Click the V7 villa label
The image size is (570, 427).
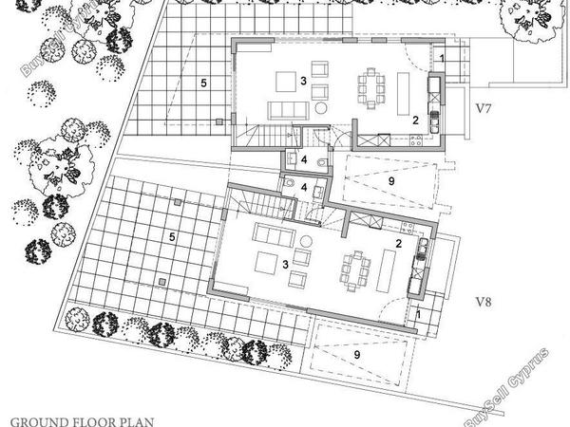pos(484,108)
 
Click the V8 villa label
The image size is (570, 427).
pos(484,302)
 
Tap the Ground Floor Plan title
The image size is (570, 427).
pos(82,422)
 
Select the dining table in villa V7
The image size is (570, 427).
pos(371,88)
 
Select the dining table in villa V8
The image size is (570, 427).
pos(356,270)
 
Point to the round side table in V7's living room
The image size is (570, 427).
pos(321,108)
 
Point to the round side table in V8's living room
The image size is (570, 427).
pos(306,241)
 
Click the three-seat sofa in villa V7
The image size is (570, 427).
pos(288,111)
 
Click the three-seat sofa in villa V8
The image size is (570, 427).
pos(274,233)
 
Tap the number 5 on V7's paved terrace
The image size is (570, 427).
pos(203,84)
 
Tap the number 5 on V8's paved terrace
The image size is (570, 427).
pos(172,237)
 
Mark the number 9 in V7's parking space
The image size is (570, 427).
pos(391,181)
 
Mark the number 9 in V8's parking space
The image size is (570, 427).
pos(357,354)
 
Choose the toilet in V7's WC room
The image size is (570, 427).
pos(321,162)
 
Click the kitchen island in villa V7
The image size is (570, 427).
pos(403,94)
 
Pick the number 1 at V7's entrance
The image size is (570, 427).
pos(442,58)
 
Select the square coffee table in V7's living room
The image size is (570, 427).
pos(286,82)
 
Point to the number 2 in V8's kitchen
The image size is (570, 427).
pos(399,243)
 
